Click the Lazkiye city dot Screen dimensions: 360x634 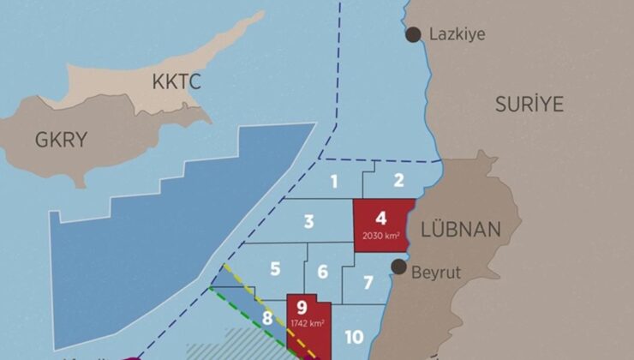(x=414, y=34)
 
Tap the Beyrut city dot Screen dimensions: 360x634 (x=399, y=267)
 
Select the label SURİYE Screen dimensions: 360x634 (x=529, y=105)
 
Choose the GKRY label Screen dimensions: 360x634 (x=61, y=140)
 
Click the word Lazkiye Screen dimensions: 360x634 (x=458, y=34)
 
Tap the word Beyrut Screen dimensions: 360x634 (x=436, y=273)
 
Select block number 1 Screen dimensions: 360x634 (x=334, y=181)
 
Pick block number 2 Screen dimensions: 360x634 (x=398, y=180)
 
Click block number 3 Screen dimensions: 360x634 (x=308, y=222)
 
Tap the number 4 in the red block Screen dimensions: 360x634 (x=381, y=218)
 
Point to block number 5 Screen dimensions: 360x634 (x=275, y=269)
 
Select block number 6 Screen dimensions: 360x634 (x=322, y=273)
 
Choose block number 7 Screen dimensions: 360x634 (x=368, y=283)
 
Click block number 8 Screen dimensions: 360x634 (x=267, y=319)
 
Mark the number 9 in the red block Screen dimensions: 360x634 (x=302, y=308)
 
